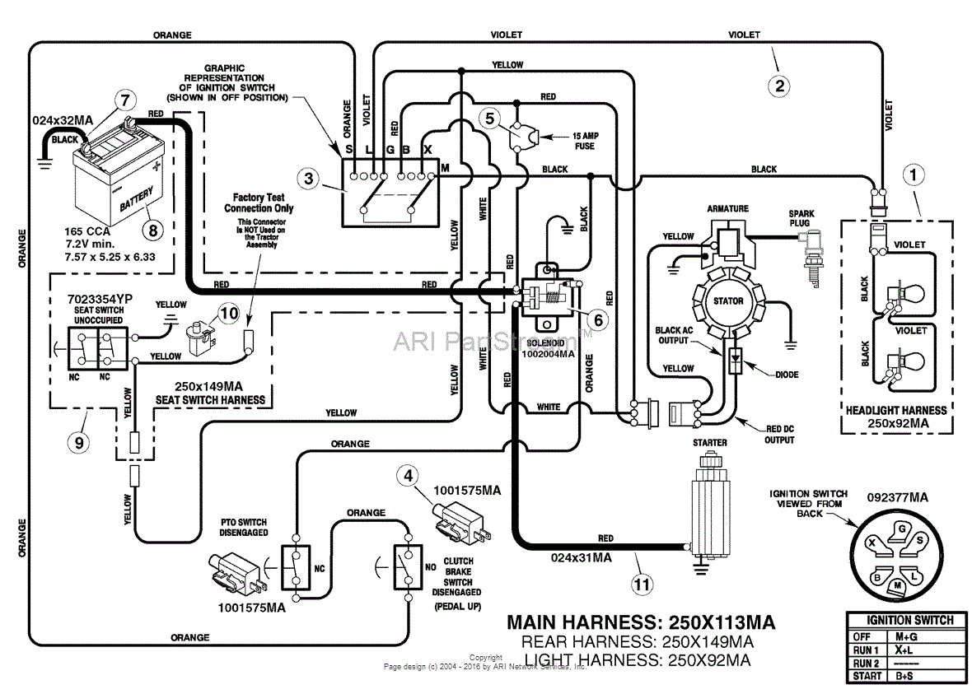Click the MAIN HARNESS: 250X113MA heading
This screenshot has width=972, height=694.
point(641,622)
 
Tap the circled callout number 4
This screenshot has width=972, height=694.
point(406,475)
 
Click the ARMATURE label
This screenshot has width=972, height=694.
point(727,209)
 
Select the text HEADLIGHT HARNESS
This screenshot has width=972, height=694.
point(896,409)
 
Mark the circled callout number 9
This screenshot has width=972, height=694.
point(78,442)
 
